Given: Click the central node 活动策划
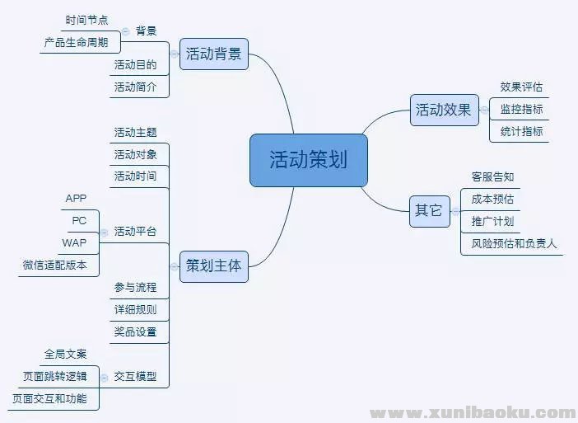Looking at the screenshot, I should click(309, 160).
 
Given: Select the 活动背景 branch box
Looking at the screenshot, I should click(213, 54).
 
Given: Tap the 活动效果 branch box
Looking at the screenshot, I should click(444, 110).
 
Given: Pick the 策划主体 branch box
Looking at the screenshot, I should click(213, 266).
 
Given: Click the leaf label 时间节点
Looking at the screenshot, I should click(87, 20).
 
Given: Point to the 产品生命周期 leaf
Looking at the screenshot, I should click(82, 42).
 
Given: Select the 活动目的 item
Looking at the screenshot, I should click(135, 65).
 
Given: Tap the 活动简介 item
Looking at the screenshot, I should click(135, 87).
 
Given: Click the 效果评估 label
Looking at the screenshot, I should click(521, 87).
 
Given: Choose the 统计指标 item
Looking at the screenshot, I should click(521, 132).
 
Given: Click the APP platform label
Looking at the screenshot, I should click(76, 199).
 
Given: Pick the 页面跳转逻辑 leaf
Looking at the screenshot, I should click(54, 378).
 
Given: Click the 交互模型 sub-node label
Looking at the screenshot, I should click(135, 378).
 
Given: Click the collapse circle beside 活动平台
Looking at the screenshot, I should click(104, 233).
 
